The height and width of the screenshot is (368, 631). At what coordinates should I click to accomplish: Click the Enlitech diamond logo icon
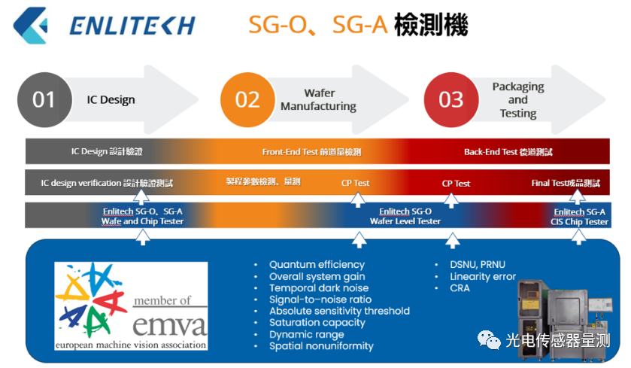[30, 25]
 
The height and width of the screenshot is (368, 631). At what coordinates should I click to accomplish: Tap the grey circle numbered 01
[44, 100]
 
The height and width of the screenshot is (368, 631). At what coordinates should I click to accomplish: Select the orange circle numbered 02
[247, 100]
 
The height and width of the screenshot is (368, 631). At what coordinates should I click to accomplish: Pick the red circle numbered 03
[451, 100]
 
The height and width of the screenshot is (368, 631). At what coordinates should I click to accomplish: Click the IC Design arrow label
[111, 100]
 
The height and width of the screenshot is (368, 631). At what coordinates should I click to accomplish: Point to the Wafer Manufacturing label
[318, 100]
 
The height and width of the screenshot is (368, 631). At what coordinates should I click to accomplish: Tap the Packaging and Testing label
[518, 100]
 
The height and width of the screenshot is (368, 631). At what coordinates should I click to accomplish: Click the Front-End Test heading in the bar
[311, 152]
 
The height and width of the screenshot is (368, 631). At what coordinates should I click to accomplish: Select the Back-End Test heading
[508, 152]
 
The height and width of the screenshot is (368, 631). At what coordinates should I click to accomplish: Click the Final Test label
[566, 183]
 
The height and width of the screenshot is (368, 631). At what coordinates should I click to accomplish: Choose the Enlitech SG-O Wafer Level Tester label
[405, 216]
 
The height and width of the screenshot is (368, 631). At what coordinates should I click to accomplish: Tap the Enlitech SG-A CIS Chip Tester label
[580, 217]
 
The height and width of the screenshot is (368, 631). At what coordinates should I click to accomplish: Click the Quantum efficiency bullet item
[317, 265]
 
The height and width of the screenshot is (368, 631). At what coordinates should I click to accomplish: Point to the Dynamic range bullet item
[307, 335]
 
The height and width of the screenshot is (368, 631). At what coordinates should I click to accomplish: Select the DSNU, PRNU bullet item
[478, 265]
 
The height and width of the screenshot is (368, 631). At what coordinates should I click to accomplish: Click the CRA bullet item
[460, 288]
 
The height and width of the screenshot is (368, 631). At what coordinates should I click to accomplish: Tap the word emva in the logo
[170, 325]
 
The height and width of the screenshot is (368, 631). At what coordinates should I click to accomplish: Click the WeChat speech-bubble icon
[489, 340]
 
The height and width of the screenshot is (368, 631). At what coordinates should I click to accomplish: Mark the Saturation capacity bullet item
[317, 323]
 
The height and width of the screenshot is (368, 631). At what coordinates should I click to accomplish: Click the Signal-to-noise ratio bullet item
[320, 300]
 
